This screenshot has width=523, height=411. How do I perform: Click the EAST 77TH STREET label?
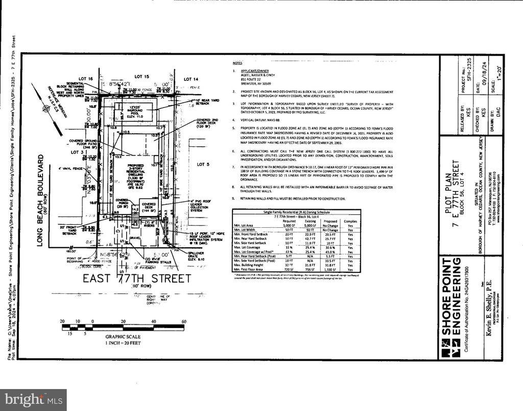point(137,279)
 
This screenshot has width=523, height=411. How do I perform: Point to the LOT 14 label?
point(191,79)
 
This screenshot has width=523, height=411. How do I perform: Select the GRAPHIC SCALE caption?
point(123,337)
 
